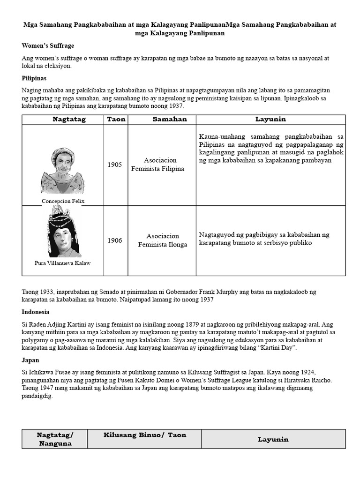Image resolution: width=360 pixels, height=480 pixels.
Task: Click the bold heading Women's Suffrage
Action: click(48, 46)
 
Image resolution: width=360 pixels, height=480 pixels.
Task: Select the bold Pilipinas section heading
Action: click(34, 78)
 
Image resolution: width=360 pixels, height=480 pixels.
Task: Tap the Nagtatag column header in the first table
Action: click(69, 120)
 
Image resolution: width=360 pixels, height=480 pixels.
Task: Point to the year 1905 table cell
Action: click(115, 165)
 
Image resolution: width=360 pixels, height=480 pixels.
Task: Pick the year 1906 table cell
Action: click(115, 240)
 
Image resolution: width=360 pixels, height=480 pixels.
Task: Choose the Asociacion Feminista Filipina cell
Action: click(157, 165)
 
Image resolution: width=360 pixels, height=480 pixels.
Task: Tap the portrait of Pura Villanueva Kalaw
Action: click(63, 232)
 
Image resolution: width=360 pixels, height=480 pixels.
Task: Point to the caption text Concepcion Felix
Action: click(63, 201)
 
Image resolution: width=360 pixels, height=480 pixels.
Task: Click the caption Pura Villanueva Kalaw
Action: click(63, 263)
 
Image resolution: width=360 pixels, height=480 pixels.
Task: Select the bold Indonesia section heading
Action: click(36, 312)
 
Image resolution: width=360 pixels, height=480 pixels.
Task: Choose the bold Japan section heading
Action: click(31, 360)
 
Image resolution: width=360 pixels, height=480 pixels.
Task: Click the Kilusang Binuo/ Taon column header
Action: click(145, 435)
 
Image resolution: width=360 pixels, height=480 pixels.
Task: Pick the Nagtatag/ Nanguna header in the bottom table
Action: click(55, 439)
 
